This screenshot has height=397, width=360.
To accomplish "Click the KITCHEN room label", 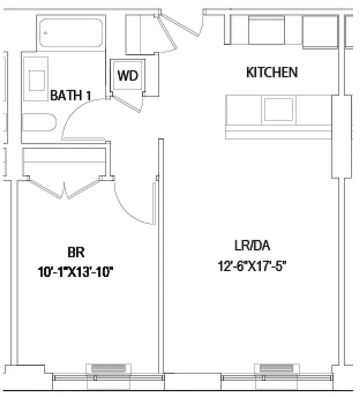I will point(272,72).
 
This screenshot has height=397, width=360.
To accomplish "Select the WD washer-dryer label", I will point(127,76).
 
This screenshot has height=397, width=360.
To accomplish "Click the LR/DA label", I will point(252,246).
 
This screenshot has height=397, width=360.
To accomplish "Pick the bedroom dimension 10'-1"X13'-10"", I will point(76,271).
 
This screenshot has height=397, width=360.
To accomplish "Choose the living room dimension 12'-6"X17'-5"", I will point(253,266).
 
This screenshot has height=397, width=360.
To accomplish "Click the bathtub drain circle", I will point(46,33).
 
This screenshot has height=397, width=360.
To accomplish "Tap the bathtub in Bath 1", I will point(72,34).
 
